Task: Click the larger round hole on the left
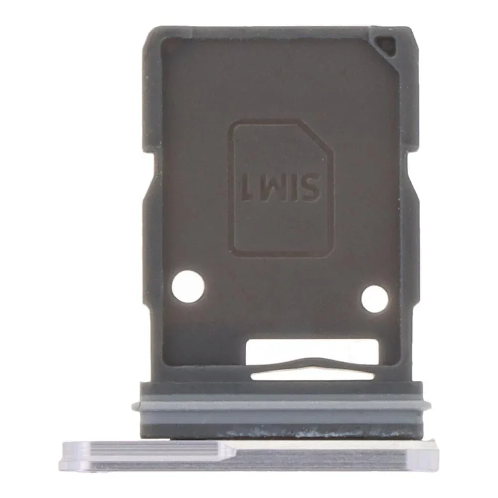point(188,286)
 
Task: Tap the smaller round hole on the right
point(374,299)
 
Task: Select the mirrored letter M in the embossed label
point(270,187)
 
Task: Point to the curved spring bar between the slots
point(313,365)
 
